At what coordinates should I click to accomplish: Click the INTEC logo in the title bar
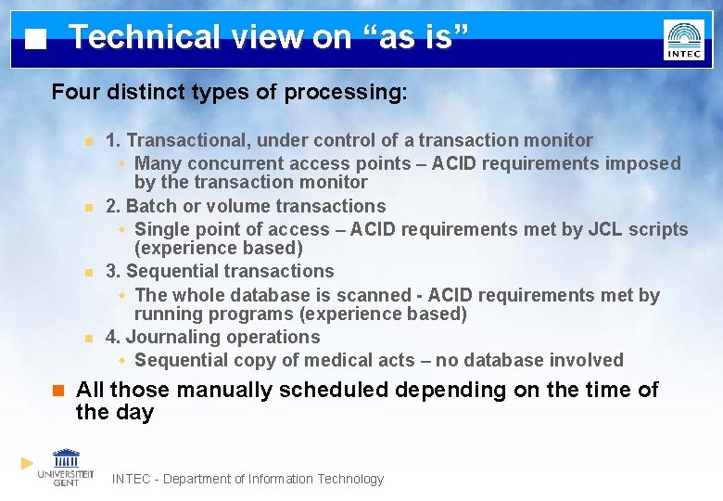[x=683, y=40]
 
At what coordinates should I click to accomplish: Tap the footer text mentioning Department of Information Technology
[x=247, y=479]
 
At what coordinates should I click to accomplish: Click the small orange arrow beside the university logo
[x=27, y=462]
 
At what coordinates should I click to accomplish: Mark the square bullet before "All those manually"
[x=57, y=391]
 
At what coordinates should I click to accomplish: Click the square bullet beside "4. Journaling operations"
[x=87, y=338]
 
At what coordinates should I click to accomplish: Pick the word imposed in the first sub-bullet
[x=643, y=164]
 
